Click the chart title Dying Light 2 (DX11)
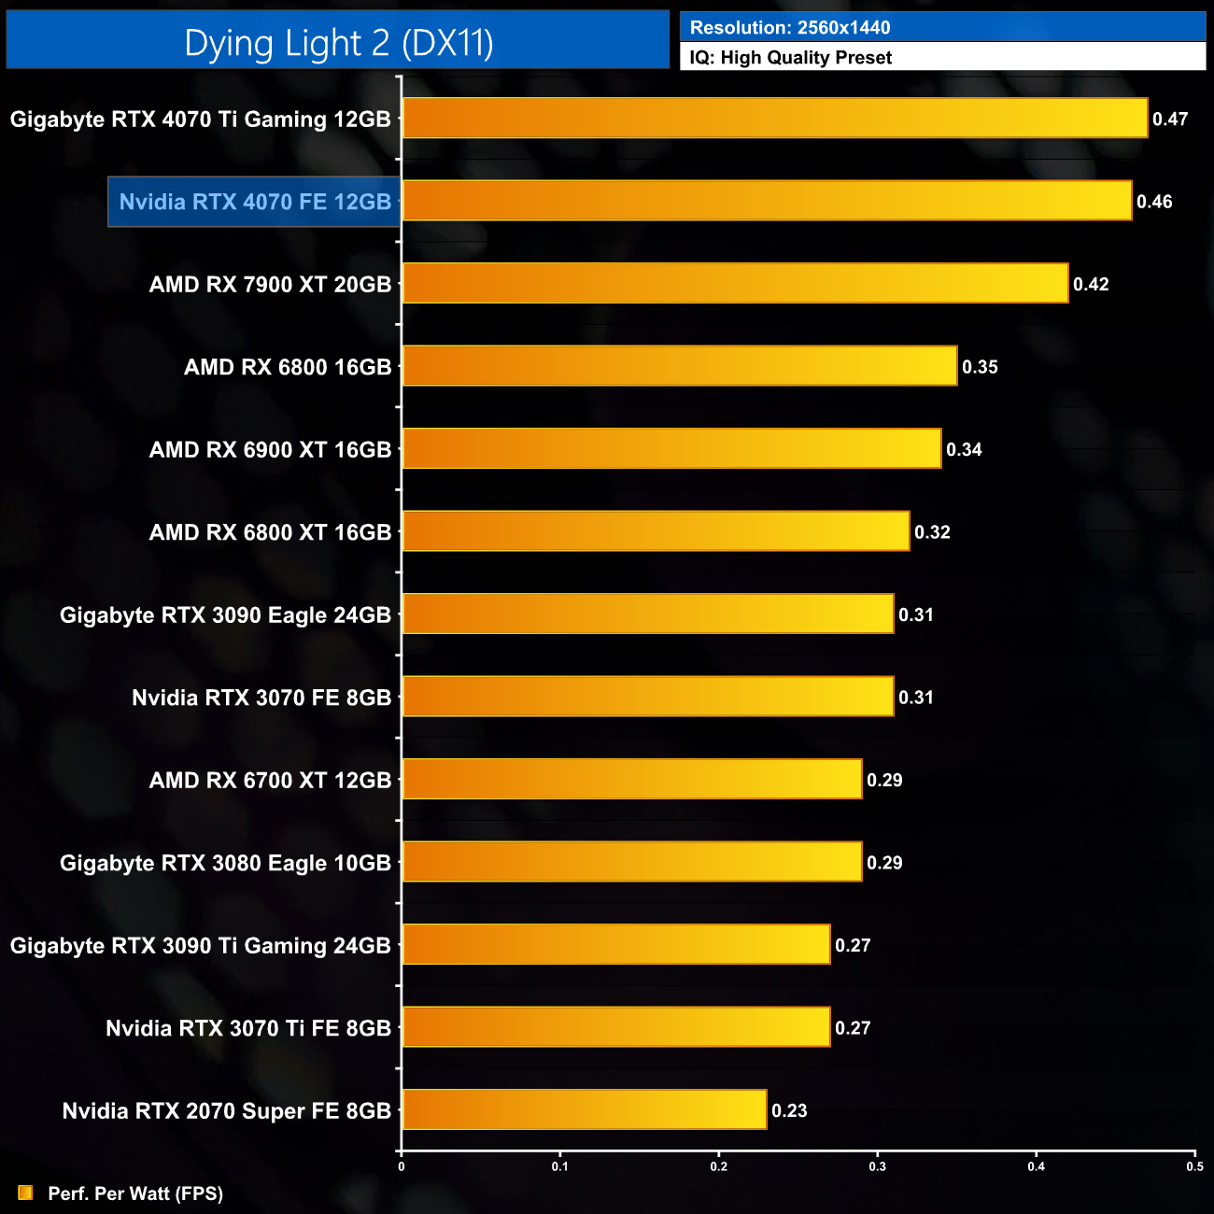[338, 43]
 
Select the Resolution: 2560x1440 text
[789, 27]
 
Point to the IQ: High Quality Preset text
[790, 58]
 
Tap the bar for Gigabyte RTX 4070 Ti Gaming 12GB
[774, 119]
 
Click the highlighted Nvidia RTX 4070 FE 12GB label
[255, 202]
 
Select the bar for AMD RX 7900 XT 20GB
[735, 284]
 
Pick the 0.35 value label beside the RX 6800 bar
[980, 367]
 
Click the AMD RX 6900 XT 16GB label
[270, 450]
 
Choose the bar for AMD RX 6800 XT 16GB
[656, 532]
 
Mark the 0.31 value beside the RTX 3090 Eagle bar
[916, 615]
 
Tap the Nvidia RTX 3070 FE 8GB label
[261, 698]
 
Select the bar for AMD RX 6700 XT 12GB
[631, 780]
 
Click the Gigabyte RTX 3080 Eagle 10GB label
[225, 863]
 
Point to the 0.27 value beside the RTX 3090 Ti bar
[853, 946]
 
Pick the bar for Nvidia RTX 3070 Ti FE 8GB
[615, 1027]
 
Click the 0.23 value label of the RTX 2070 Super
[789, 1111]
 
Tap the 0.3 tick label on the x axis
[878, 1166]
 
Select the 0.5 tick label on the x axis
[1194, 1166]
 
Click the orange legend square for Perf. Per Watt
[25, 1193]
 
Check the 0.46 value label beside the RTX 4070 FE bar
[1154, 202]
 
